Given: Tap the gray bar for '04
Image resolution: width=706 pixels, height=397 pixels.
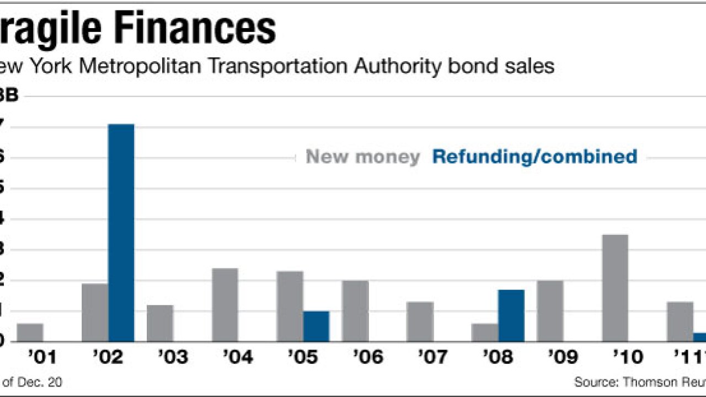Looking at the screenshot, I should (225, 305).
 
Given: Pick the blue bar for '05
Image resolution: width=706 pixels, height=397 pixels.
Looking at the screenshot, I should (316, 326).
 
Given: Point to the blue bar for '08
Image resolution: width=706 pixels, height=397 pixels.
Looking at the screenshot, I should (511, 315).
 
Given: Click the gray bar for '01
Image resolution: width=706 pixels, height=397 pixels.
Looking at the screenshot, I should (30, 332).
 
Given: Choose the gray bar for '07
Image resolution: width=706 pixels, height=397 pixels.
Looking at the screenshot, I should (420, 321).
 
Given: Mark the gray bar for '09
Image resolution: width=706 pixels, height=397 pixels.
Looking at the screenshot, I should (550, 311).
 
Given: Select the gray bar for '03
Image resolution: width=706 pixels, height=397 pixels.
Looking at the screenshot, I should (160, 323).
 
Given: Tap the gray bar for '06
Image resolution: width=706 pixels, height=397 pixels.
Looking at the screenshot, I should (355, 311).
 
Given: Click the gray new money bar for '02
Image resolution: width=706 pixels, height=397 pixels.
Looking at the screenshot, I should (95, 313).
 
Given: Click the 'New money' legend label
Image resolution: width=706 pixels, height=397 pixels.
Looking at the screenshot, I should (363, 157).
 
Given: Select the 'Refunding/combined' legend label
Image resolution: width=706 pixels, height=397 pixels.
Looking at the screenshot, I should (534, 157).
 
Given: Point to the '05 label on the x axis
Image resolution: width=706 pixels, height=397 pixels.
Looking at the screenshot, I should (303, 357).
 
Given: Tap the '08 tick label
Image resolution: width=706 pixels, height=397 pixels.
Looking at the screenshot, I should (498, 357).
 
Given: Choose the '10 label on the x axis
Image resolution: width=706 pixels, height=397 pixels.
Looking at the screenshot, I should (628, 357).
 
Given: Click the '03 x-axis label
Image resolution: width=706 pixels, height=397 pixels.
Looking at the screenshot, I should (173, 357).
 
